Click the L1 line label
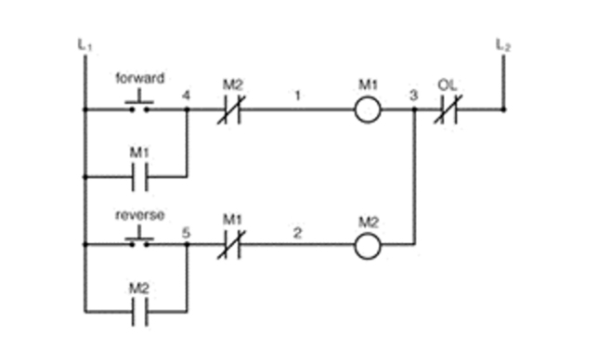tap(84, 45)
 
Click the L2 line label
tap(503, 45)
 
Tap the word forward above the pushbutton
tap(140, 78)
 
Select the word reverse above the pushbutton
tap(140, 215)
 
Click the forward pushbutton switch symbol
tap(139, 102)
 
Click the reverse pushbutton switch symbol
tap(139, 238)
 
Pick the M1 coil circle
tap(368, 109)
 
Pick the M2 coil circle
tap(368, 247)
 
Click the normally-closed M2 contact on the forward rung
tap(231, 109)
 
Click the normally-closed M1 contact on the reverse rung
tap(231, 245)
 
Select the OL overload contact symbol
tap(448, 109)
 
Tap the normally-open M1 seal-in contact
tap(139, 177)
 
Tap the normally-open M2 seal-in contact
tap(139, 312)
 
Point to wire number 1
tap(297, 96)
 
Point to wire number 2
tap(297, 233)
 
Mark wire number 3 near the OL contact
tap(414, 96)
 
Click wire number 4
tap(186, 96)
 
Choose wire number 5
tap(186, 233)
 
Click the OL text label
tap(448, 85)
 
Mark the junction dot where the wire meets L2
tap(503, 109)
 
